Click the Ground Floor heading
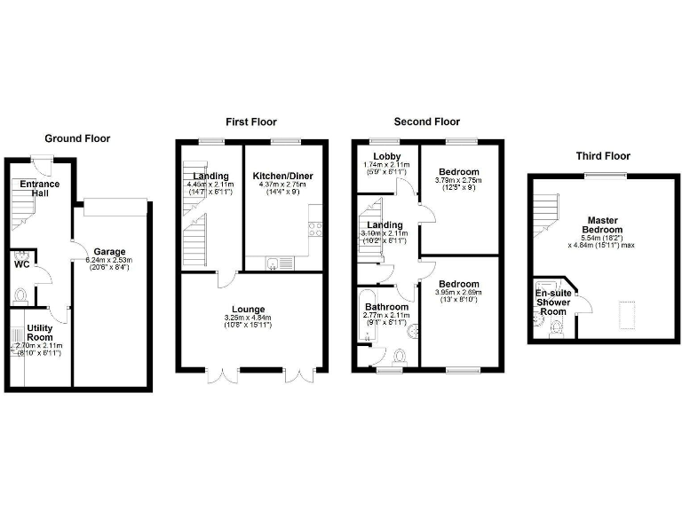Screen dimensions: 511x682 coord(77,138)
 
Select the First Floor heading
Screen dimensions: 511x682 coord(250,122)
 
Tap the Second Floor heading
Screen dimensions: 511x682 coord(427,122)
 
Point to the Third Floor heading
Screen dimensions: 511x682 coord(603,156)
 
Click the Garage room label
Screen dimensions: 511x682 coord(109,251)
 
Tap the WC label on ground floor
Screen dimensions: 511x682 coord(22,263)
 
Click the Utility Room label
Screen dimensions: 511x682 coord(39,333)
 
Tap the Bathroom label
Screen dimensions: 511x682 coord(385,307)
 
